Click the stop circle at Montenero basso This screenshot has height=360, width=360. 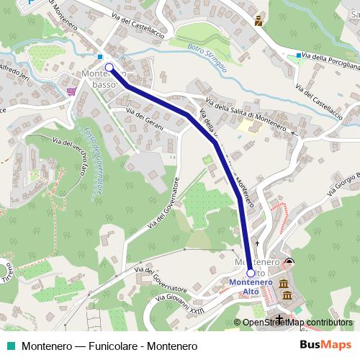109,68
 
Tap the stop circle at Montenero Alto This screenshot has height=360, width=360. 251,274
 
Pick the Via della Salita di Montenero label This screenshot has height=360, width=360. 246,112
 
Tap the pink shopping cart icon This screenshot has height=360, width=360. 71,91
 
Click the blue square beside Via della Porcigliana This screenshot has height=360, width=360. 299,55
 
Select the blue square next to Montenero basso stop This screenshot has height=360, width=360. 99,57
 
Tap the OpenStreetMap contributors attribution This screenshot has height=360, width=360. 297,323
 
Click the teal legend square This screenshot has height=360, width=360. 11,346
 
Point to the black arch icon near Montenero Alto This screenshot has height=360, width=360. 289,261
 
